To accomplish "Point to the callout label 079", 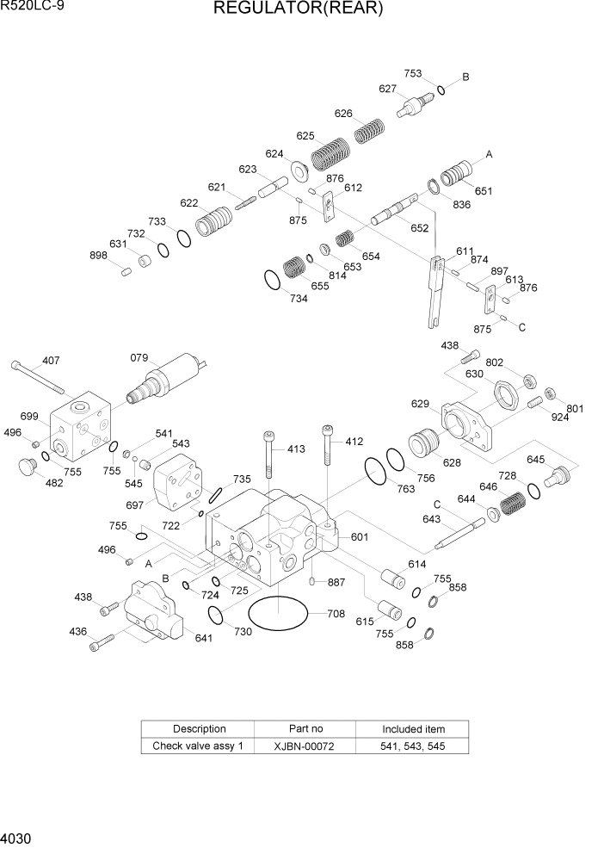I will [139, 357].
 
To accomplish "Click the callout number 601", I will [360, 537].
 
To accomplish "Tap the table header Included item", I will [413, 729].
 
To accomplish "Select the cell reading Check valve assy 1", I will [199, 746].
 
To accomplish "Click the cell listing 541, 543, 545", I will [413, 746].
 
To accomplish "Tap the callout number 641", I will [204, 638].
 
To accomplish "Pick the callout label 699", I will [29, 417].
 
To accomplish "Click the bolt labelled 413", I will [269, 454].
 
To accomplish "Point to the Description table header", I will [199, 729].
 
